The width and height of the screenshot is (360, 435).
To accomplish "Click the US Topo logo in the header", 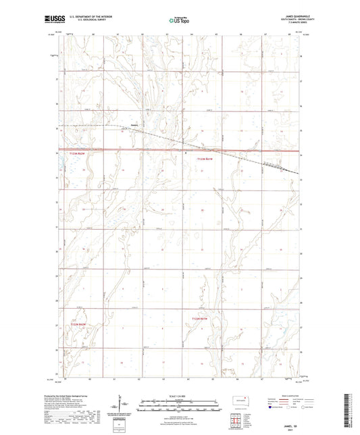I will tap(180, 20).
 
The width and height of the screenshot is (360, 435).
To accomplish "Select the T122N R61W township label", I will tap(202, 318).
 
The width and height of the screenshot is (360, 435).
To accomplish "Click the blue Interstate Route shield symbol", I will tap(271, 407).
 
